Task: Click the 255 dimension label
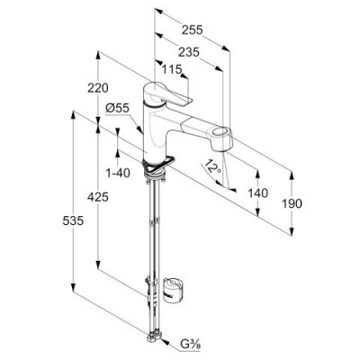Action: click(x=193, y=30)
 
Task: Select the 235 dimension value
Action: click(x=189, y=52)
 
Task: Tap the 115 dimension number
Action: click(x=172, y=69)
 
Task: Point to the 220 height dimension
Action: click(x=98, y=88)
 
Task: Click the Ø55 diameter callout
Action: click(x=117, y=108)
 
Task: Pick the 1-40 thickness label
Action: click(x=118, y=173)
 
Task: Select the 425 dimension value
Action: click(x=98, y=197)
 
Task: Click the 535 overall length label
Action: click(x=73, y=221)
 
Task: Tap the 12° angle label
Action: click(x=212, y=167)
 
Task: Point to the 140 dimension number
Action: click(x=257, y=193)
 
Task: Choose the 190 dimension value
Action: click(x=292, y=204)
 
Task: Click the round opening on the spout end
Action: click(x=222, y=131)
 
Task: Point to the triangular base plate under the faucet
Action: click(x=158, y=165)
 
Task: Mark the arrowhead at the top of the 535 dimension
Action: click(x=73, y=114)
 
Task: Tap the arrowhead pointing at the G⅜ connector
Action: click(x=165, y=340)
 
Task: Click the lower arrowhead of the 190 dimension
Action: click(x=292, y=231)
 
